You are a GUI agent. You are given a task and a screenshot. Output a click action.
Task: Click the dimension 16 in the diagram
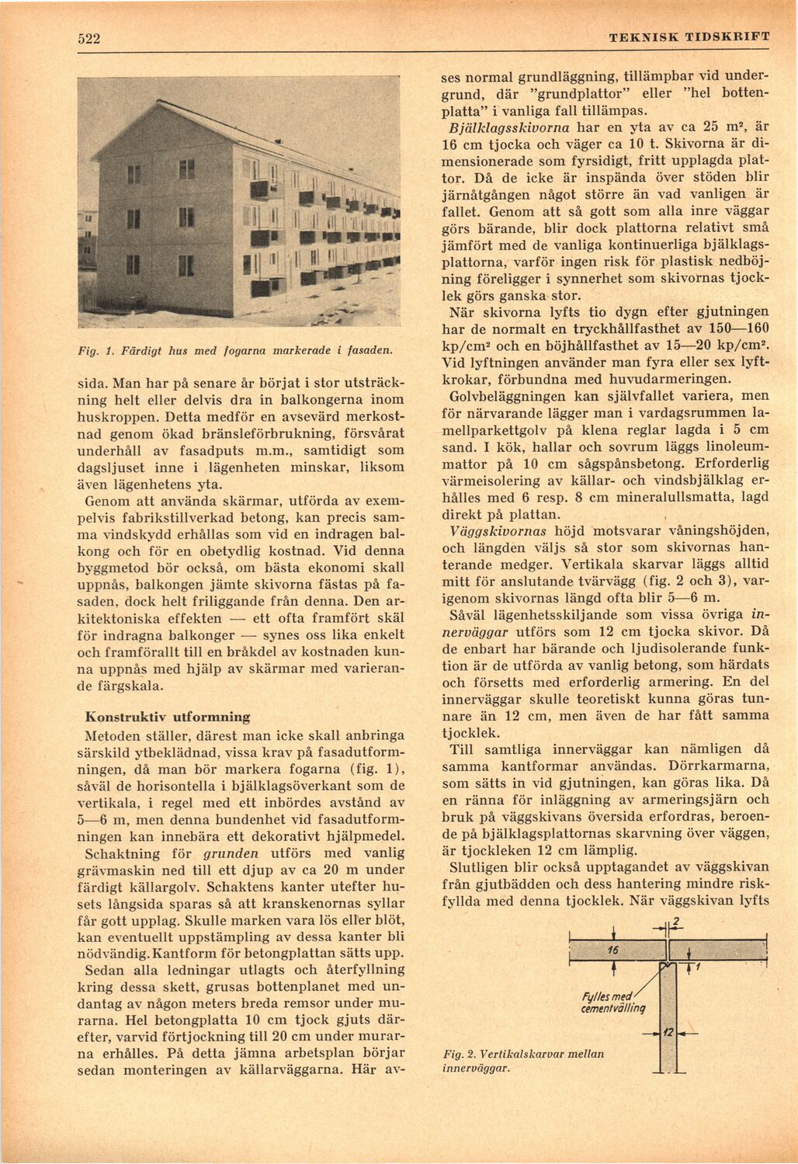[613, 950]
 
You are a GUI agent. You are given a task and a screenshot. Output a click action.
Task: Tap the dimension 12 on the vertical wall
[668, 1032]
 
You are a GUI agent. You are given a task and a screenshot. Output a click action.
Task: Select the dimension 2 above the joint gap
[676, 922]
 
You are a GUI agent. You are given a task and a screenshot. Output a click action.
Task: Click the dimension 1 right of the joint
[698, 967]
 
